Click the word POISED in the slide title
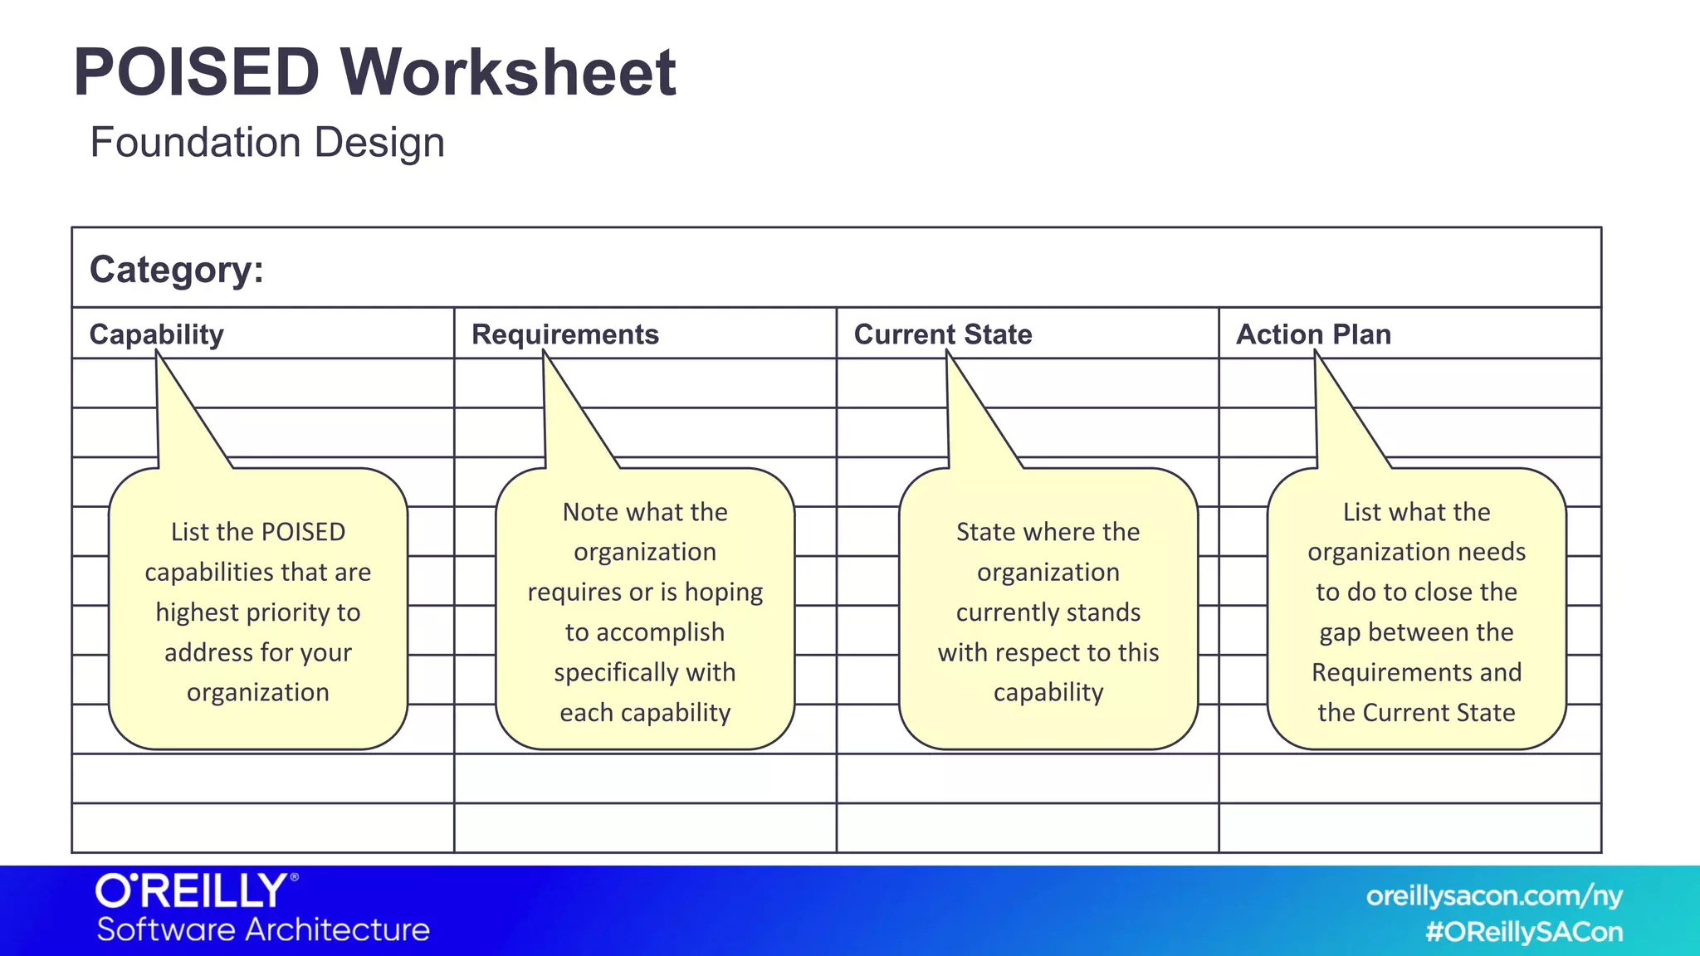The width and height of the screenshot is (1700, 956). coord(197,73)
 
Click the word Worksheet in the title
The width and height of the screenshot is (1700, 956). coord(508,73)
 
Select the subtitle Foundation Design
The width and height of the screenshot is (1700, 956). coord(267,143)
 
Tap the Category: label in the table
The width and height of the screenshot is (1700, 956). coord(176,270)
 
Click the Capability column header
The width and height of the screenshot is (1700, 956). coord(156,334)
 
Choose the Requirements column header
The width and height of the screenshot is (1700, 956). coord(564,334)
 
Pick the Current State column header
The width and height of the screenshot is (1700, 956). coord(942,334)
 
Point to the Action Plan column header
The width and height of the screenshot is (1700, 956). coord(1313,334)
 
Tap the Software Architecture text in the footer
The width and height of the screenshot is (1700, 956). coord(263,930)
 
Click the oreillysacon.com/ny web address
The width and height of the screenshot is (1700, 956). coord(1494,896)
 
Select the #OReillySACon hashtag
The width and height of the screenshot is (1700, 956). coord(1524,932)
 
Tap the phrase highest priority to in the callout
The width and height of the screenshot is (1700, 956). coord(258,612)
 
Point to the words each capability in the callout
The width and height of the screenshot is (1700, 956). coord(645,713)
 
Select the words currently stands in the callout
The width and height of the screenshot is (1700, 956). coord(1048,612)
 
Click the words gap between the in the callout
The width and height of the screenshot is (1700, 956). coord(1416,632)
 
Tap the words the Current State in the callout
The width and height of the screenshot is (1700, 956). coord(1416,713)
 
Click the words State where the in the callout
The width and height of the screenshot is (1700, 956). coord(1048,532)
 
